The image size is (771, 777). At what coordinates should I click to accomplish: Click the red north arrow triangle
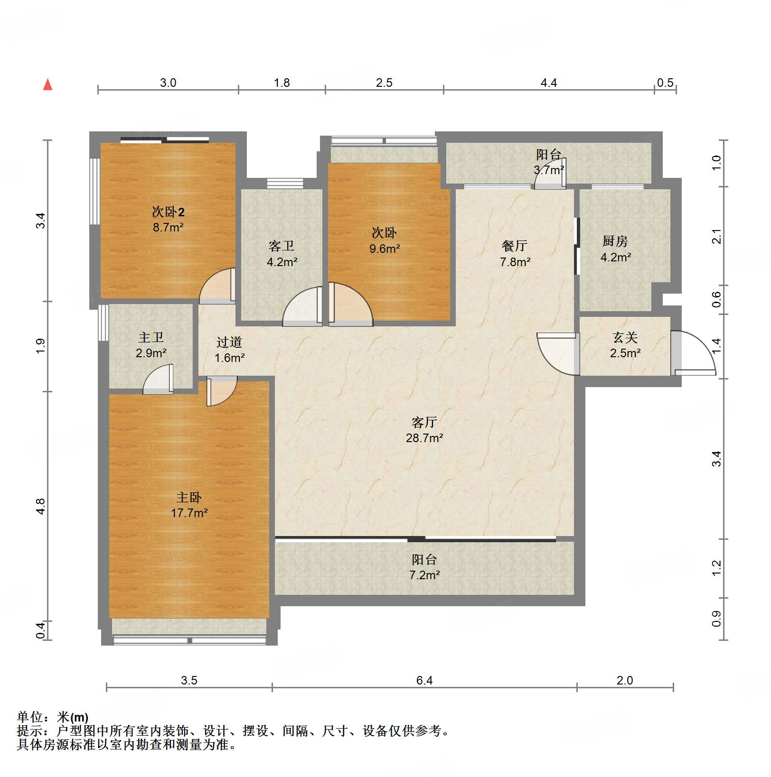(47, 84)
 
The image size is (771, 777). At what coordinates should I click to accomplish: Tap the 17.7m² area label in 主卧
(189, 513)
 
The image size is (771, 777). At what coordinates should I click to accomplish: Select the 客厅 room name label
(424, 422)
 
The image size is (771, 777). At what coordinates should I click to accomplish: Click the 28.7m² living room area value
(424, 438)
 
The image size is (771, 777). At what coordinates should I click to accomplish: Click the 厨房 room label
(615, 241)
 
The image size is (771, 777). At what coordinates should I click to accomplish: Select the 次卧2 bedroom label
(168, 212)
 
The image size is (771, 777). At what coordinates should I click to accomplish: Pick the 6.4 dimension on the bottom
(424, 681)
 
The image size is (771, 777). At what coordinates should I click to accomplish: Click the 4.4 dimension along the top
(548, 83)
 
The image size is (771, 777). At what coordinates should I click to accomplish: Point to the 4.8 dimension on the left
(41, 506)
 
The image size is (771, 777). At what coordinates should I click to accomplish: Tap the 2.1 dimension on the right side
(717, 236)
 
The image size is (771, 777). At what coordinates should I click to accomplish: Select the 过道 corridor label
(229, 342)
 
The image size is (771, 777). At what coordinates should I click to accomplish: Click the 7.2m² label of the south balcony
(424, 575)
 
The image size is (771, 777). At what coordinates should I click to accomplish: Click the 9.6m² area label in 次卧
(385, 249)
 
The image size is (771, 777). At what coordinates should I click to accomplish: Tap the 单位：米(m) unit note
(52, 717)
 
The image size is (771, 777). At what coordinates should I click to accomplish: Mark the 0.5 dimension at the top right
(665, 83)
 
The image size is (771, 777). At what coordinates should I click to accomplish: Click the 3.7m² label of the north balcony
(548, 170)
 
